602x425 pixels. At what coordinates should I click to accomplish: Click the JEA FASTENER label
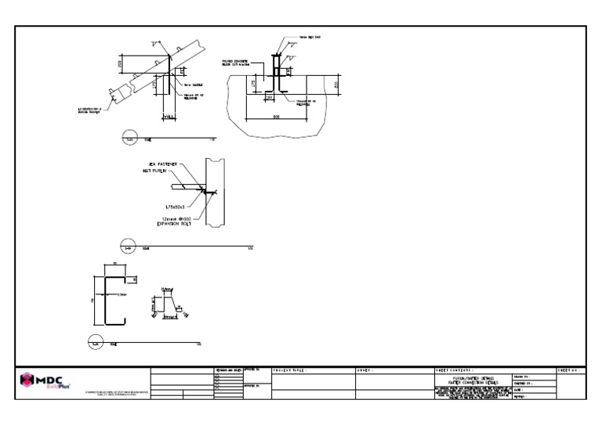[159, 164]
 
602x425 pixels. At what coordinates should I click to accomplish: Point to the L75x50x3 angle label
[168, 207]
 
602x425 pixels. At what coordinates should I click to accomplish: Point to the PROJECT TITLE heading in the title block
[287, 369]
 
